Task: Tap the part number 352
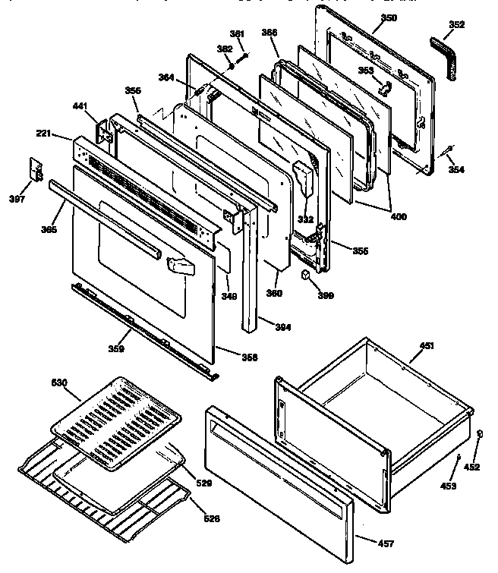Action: point(456,24)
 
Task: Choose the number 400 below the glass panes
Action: point(398,217)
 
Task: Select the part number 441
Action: point(80,108)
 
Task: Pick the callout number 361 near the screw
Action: point(238,33)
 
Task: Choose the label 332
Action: point(306,219)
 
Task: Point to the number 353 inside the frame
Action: point(366,71)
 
